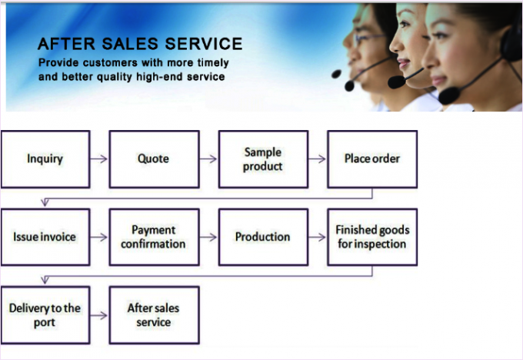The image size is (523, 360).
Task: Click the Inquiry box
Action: pos(45,159)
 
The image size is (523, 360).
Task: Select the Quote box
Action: pos(154,159)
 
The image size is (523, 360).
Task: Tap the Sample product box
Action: pos(263,159)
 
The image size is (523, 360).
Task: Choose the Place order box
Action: pos(372,159)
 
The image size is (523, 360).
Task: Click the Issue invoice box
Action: pos(45,237)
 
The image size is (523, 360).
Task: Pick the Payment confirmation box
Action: pos(154,237)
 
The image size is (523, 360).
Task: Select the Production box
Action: pos(263,237)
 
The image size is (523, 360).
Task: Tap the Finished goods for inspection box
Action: pos(372,237)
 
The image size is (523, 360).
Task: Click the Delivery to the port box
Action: pos(45,315)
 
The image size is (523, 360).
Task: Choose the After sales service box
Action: pos(154,315)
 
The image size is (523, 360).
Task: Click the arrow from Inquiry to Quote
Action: pos(99,159)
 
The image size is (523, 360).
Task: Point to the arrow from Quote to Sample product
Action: pos(208,159)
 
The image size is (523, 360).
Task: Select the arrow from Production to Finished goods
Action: pos(317,237)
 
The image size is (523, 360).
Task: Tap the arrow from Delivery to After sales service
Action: pos(99,315)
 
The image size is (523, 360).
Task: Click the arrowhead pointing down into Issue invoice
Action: pos(45,202)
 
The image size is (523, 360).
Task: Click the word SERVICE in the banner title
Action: pos(204,44)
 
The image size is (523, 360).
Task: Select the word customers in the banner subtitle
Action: pos(110,63)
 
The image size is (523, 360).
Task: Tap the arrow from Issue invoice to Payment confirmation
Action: pos(99,237)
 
